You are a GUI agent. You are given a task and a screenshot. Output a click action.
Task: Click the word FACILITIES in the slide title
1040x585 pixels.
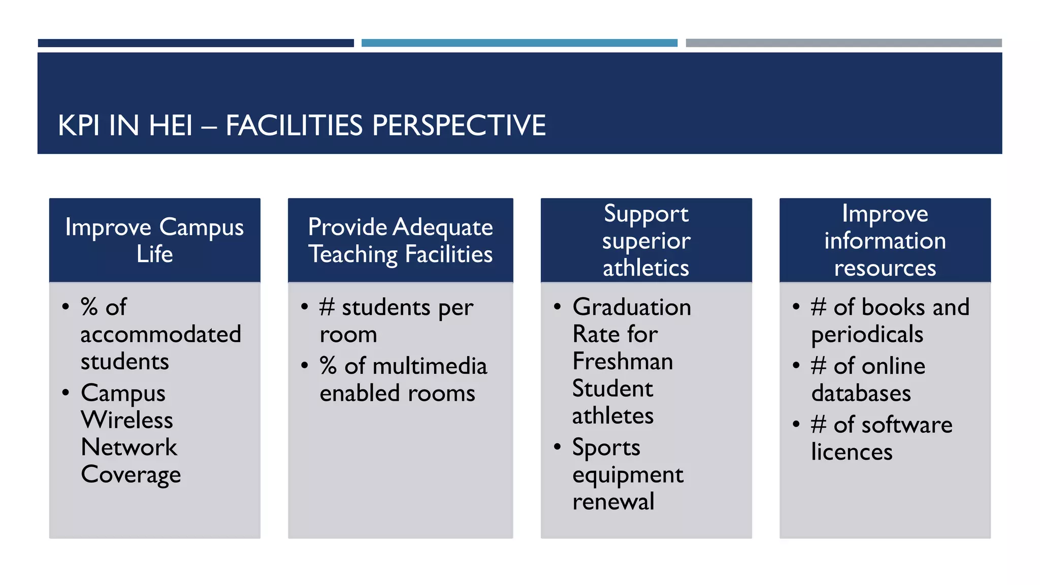(x=294, y=125)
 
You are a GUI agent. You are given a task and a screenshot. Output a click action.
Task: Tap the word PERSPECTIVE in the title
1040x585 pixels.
(x=459, y=125)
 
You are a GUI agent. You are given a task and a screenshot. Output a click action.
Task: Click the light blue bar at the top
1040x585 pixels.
(x=519, y=43)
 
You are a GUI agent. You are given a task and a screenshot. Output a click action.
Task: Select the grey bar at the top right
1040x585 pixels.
(x=843, y=43)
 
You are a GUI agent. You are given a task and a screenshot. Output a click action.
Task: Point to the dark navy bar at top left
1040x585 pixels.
(x=196, y=43)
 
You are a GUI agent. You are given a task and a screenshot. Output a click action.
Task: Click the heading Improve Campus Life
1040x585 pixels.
(x=154, y=240)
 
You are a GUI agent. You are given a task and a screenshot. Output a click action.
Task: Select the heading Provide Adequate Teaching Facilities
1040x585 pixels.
(x=400, y=240)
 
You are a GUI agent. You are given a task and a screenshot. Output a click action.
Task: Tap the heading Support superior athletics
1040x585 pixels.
(x=646, y=240)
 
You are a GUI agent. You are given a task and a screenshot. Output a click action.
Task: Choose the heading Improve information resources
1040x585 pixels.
(x=885, y=240)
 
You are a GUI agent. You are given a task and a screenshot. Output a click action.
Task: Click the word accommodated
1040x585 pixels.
(x=160, y=335)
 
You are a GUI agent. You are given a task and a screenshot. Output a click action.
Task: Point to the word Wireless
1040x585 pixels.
(x=127, y=420)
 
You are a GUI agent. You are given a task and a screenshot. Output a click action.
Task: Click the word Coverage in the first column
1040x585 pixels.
(x=131, y=475)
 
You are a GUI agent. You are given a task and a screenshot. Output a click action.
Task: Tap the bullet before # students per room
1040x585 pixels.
(x=305, y=307)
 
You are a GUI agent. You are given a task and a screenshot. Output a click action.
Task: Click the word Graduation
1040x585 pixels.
(x=631, y=307)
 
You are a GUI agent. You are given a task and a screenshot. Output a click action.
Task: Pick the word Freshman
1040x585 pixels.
(x=623, y=362)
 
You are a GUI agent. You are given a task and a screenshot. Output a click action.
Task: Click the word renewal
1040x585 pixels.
(x=613, y=502)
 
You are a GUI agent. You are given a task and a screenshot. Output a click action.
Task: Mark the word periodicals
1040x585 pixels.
(x=867, y=335)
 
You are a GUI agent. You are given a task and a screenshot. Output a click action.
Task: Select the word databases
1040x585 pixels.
(x=861, y=394)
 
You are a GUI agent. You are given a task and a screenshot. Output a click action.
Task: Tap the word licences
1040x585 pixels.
(x=852, y=452)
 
